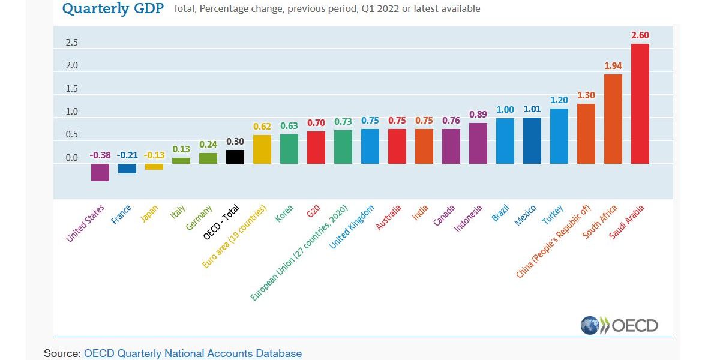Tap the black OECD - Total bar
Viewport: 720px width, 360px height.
click(235, 157)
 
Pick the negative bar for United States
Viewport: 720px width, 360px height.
click(100, 172)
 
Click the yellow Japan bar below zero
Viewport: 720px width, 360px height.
click(154, 167)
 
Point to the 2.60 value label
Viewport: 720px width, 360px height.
click(640, 35)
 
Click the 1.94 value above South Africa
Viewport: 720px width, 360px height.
click(613, 65)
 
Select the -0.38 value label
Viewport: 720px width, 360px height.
click(100, 155)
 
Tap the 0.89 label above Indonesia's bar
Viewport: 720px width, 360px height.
click(478, 115)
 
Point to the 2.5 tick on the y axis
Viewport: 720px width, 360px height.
click(72, 43)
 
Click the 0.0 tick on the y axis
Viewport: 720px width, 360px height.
click(72, 158)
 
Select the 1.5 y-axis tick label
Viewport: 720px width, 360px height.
click(72, 89)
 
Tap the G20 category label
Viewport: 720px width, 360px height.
click(313, 212)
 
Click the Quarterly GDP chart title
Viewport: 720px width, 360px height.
click(113, 9)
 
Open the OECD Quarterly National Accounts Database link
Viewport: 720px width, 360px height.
click(193, 353)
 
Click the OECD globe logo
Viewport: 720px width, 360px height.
click(590, 326)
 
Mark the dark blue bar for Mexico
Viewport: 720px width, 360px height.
click(532, 140)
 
